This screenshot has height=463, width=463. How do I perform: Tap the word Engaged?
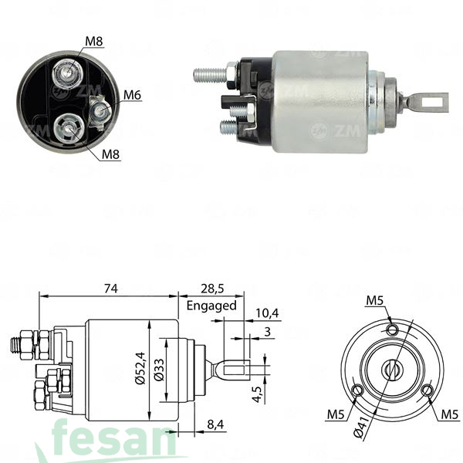211,305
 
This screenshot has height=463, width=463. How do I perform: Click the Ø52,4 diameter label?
140,370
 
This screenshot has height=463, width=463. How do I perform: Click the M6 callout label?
132,95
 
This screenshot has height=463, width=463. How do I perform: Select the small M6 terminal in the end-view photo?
98,112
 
